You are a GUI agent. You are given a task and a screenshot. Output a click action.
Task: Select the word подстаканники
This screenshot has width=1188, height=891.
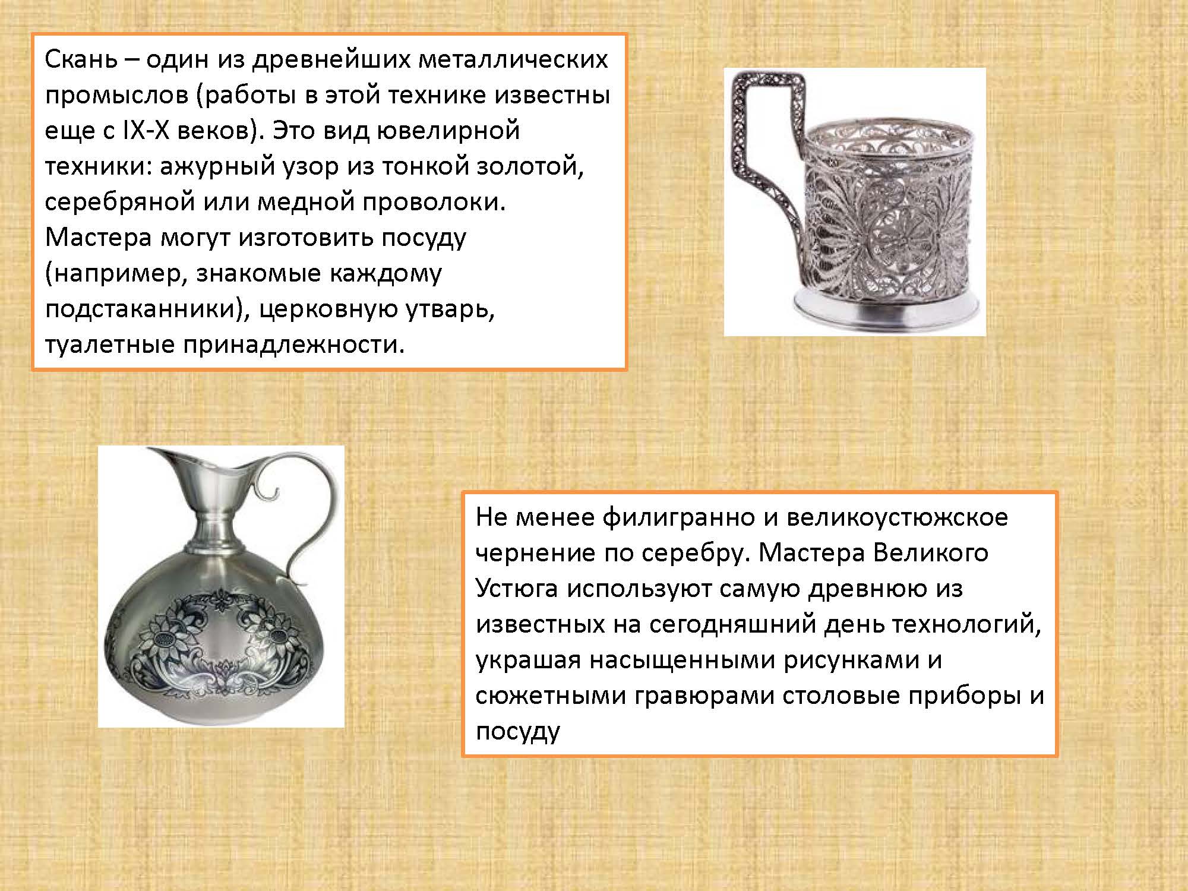pos(141,309)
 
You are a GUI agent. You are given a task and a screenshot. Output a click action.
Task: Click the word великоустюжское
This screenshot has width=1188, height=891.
pos(898,518)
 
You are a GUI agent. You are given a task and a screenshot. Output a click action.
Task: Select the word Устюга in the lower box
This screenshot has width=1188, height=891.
pos(517,589)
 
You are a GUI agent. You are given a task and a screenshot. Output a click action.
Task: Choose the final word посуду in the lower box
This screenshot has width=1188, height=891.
pos(518,732)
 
